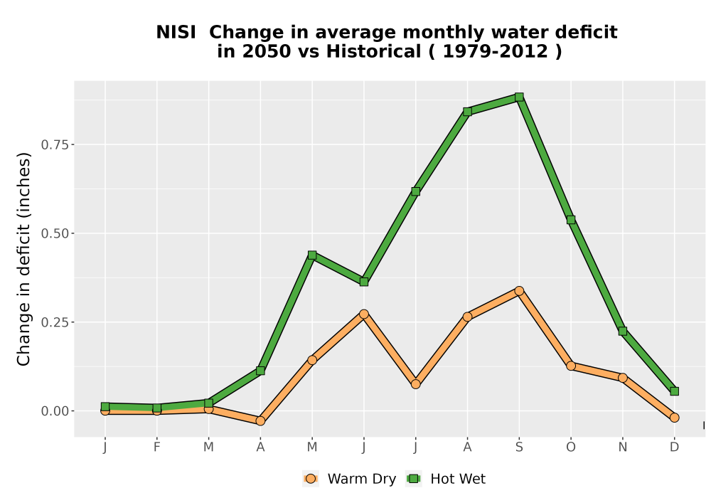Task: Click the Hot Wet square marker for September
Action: click(519, 97)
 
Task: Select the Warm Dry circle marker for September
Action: click(519, 291)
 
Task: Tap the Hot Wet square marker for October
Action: click(571, 220)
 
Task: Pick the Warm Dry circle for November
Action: click(623, 378)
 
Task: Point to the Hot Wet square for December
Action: click(674, 391)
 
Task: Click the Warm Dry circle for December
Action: click(674, 418)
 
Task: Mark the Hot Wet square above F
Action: click(157, 408)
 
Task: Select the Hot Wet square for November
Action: click(623, 331)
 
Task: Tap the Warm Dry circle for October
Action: click(571, 366)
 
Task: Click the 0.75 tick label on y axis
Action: click(55, 144)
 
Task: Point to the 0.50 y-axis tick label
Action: click(55, 233)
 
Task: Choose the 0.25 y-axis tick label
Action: click(55, 322)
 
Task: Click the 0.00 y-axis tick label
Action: click(55, 411)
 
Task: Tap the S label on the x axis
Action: click(519, 447)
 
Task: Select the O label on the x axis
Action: click(571, 447)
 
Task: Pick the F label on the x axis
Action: click(157, 447)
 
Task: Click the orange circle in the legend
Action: click(311, 479)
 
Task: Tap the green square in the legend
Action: click(414, 479)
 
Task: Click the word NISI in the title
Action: click(176, 33)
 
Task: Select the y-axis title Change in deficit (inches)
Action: click(23, 259)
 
